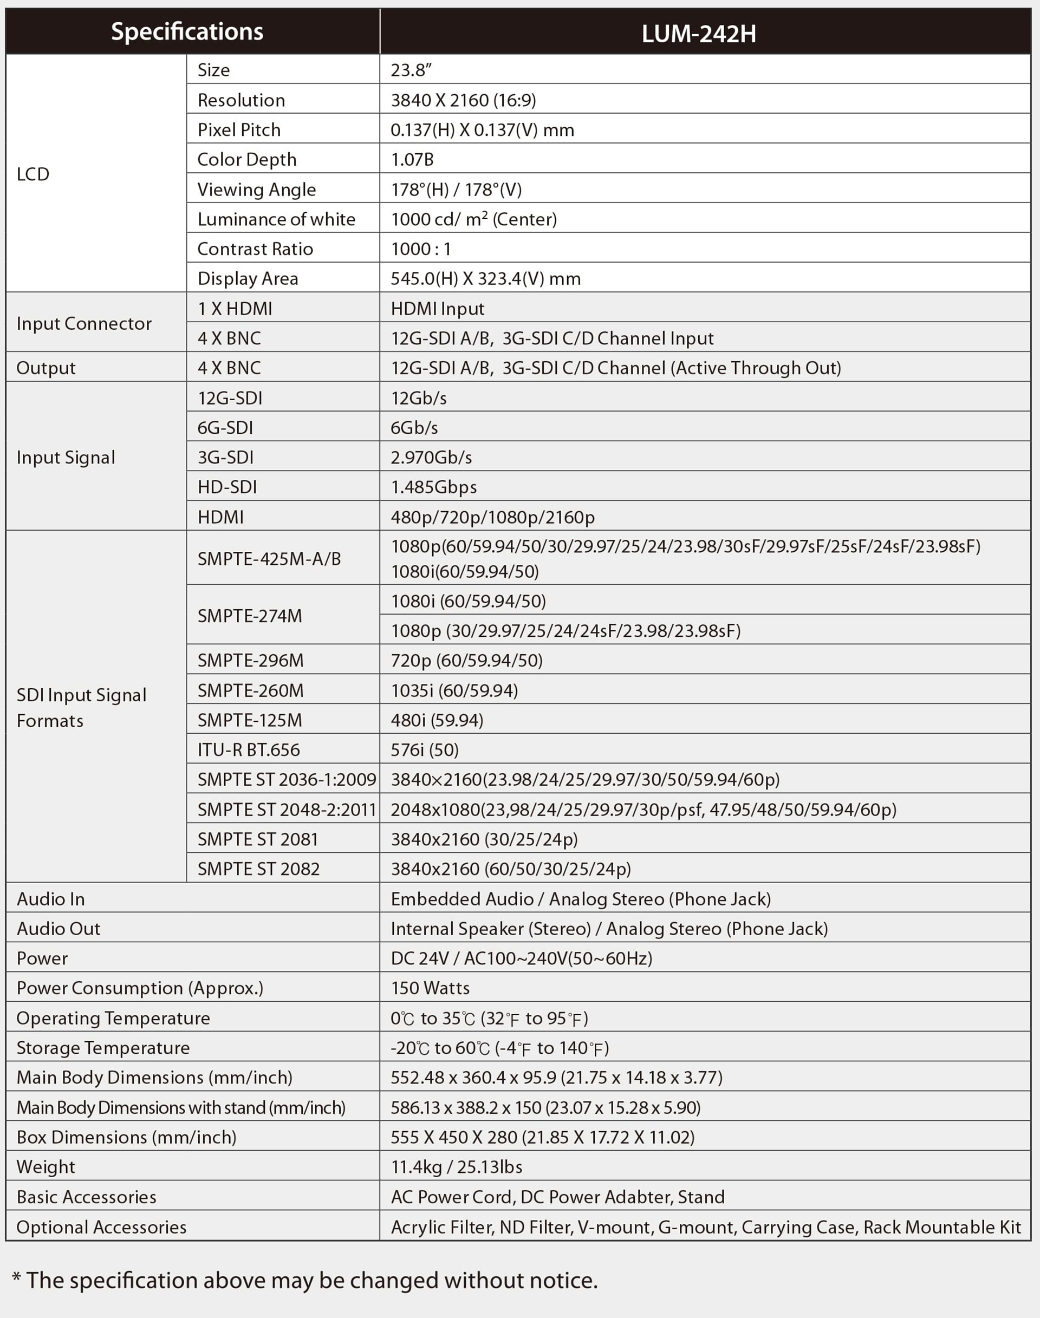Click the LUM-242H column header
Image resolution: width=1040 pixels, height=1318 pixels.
(x=698, y=34)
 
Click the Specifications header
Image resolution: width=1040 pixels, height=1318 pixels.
(x=187, y=31)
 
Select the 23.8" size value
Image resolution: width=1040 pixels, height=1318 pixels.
(x=411, y=70)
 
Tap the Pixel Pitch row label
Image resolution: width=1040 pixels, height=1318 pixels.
(x=239, y=129)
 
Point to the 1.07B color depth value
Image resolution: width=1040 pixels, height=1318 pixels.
(x=412, y=160)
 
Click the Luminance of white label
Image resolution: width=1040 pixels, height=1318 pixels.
(x=276, y=219)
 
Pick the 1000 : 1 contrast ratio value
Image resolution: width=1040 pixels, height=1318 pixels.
(x=421, y=249)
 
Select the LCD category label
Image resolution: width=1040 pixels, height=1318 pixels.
(x=33, y=174)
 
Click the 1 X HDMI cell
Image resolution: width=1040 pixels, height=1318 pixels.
(x=235, y=309)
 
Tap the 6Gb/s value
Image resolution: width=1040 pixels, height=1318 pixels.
(x=414, y=428)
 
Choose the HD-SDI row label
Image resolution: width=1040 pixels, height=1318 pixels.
(x=227, y=487)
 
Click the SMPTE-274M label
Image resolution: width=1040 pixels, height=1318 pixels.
(x=250, y=616)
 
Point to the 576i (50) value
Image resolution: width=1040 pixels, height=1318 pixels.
(x=425, y=750)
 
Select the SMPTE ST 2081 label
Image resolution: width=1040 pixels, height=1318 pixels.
(x=258, y=839)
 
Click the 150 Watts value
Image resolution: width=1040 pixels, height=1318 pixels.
(x=430, y=988)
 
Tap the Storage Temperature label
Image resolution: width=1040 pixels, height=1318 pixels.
(x=103, y=1048)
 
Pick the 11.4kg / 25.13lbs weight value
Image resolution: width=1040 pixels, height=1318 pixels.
(x=456, y=1166)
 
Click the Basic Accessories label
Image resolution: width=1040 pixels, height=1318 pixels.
(x=87, y=1197)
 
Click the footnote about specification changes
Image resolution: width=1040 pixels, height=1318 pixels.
(x=304, y=1280)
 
